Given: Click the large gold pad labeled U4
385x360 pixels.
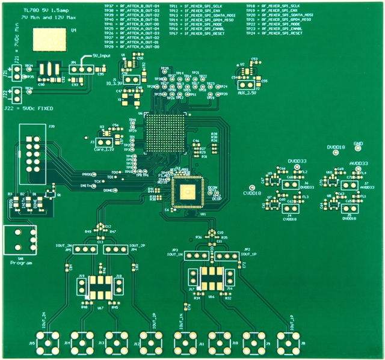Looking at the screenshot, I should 49,39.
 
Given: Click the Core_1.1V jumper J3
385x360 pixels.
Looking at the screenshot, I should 104,142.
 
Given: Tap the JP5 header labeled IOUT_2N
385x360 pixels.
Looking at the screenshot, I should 85,249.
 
